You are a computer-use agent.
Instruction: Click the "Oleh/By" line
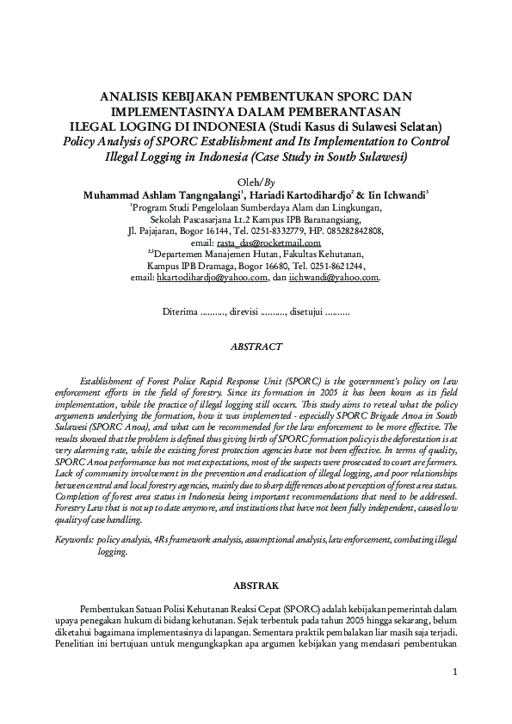coord(256,182)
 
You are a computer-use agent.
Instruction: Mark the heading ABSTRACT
coord(256,347)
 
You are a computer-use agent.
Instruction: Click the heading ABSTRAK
coord(256,585)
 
